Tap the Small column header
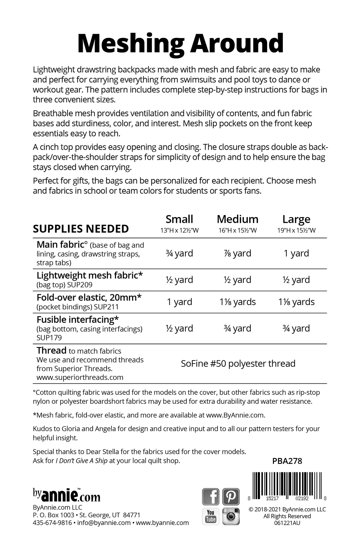click(179, 219)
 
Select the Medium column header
click(237, 219)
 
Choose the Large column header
click(296, 219)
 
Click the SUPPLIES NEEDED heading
click(81, 229)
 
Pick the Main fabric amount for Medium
click(237, 253)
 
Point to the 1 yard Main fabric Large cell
click(296, 253)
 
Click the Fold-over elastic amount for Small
click(179, 302)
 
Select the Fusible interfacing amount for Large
click(296, 328)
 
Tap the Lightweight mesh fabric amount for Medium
click(237, 280)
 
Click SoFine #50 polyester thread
click(238, 364)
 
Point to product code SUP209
click(80, 285)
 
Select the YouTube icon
click(211, 516)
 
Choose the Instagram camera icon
click(231, 516)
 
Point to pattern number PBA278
click(287, 461)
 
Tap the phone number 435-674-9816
click(52, 523)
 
